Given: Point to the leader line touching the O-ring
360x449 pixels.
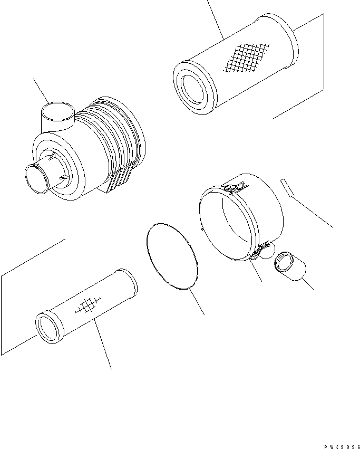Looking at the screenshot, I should click(x=197, y=301).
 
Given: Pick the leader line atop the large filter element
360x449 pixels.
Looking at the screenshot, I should click(x=216, y=18).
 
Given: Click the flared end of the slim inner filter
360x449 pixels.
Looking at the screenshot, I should click(x=129, y=283).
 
